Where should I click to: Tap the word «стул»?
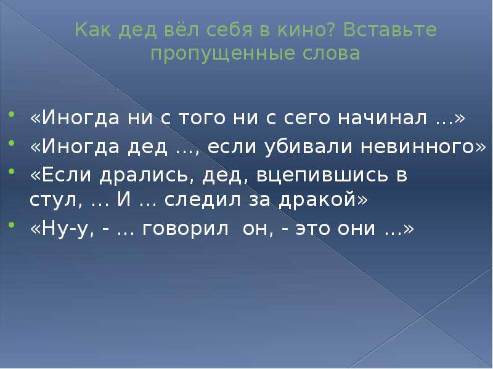[x=51, y=200]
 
